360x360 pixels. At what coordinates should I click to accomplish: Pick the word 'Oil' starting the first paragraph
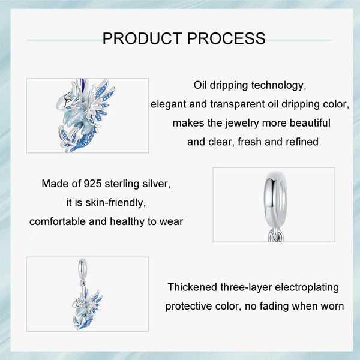pyautogui.click(x=202, y=85)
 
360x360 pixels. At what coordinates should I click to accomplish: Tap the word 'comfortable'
pyautogui.click(x=58, y=221)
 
